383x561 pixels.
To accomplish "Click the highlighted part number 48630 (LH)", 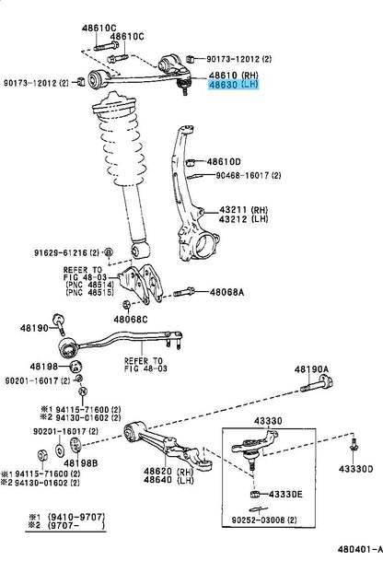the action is [233, 85].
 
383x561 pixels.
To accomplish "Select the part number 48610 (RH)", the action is [233, 76].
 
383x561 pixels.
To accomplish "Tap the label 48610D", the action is [224, 162].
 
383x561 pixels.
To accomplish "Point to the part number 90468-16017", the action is [243, 175].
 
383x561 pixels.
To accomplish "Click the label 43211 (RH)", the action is [244, 210].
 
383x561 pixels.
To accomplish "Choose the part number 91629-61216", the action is [61, 253].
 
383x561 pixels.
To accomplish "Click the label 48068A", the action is [226, 292].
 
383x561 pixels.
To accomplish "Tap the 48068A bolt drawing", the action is [184, 292].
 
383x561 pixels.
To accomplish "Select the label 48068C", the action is [130, 319].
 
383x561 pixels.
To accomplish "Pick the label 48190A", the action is [311, 369].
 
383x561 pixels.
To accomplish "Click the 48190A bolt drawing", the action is [317, 383].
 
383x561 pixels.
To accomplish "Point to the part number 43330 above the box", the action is [268, 421].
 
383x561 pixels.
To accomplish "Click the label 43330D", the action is [355, 469].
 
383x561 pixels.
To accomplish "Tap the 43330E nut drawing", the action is [255, 495].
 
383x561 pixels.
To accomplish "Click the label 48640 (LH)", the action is [168, 480].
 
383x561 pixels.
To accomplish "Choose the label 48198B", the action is [81, 463].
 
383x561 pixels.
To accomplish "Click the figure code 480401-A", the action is [360, 549].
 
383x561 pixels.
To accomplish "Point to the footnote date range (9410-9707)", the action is [76, 517].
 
